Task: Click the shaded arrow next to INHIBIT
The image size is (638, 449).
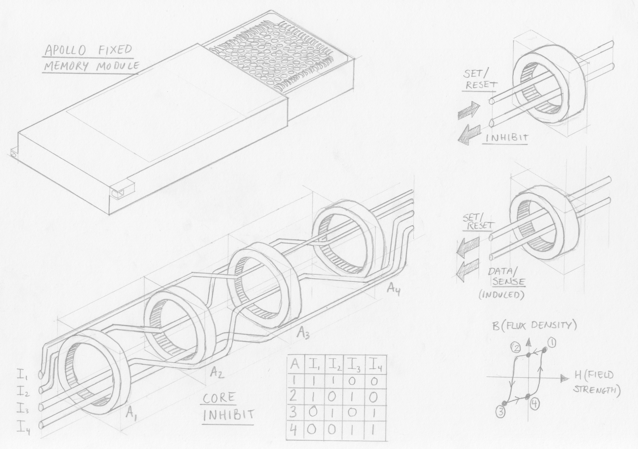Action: [x=470, y=134]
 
